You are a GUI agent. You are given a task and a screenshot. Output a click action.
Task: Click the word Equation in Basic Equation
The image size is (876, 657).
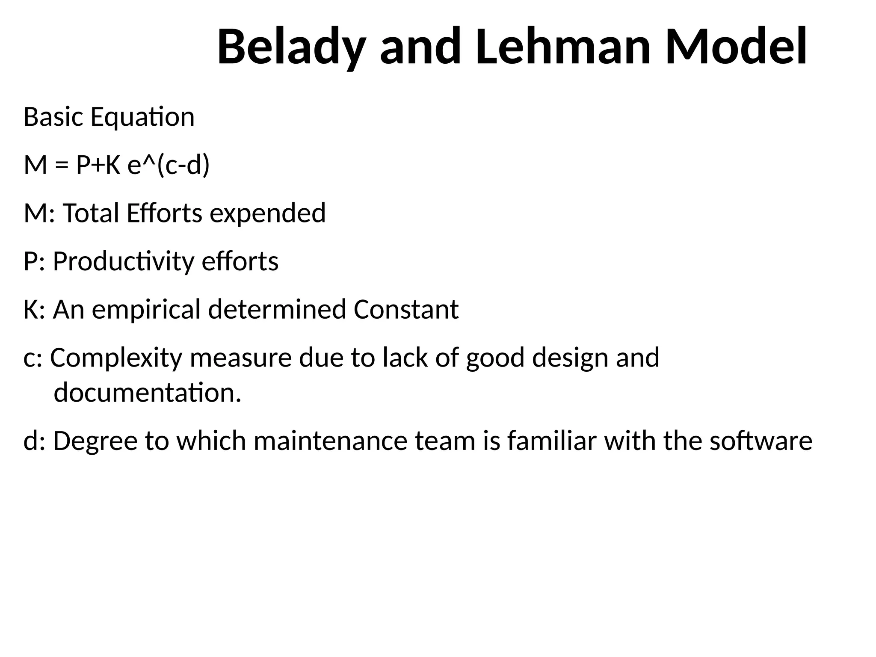click(x=142, y=117)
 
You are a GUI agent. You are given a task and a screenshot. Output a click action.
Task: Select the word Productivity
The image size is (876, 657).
click(x=123, y=261)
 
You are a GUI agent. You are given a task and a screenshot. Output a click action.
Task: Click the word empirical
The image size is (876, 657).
click(x=146, y=310)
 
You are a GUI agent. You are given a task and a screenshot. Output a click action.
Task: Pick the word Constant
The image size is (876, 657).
click(x=406, y=310)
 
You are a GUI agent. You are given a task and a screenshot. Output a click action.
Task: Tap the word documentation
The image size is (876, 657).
click(x=148, y=393)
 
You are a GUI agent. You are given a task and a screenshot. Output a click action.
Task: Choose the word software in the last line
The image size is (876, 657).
click(x=761, y=441)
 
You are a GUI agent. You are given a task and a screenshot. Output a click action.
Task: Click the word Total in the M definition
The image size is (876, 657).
click(x=90, y=213)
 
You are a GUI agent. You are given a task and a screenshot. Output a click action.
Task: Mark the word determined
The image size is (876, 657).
click(x=277, y=310)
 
